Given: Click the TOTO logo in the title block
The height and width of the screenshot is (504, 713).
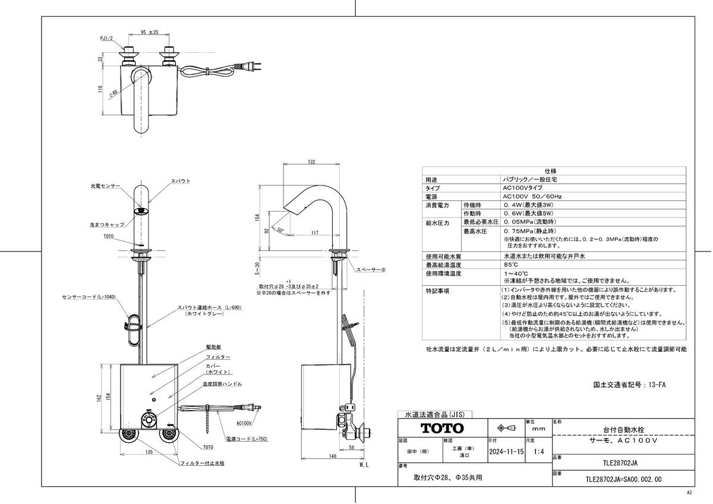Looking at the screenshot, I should click(442, 428).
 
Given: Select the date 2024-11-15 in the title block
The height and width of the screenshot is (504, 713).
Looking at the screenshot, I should click(506, 452).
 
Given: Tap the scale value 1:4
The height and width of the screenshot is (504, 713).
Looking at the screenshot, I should click(538, 452).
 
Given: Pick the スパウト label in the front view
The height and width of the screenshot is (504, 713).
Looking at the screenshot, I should click(181, 180).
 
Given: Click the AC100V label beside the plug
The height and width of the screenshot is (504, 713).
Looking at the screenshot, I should click(244, 424).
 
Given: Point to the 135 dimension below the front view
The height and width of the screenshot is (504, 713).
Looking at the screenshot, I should click(147, 452).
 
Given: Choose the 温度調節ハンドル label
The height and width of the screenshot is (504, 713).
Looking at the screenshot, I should click(220, 385).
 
